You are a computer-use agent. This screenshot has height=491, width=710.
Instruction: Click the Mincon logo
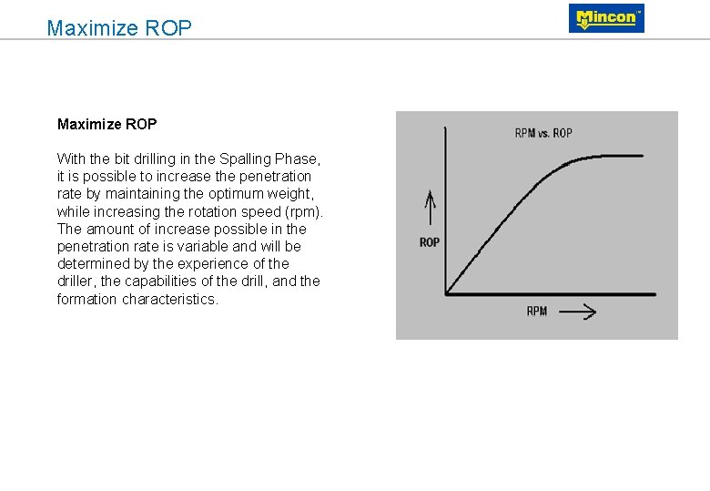click(606, 18)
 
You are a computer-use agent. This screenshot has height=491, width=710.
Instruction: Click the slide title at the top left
click(119, 28)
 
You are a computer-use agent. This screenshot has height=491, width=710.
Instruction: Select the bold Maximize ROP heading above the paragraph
click(106, 124)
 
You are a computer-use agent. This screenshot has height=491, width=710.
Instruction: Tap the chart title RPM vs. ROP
click(543, 133)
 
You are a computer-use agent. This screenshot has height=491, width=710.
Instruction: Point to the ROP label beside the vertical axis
click(430, 242)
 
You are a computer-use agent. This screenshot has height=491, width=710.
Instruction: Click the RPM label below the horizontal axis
click(537, 312)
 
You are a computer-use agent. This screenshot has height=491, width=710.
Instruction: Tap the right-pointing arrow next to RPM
click(577, 312)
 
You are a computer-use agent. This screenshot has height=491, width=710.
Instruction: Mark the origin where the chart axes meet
click(446, 293)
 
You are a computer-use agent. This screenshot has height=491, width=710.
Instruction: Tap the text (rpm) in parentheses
click(304, 211)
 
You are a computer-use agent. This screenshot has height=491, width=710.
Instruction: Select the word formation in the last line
click(85, 300)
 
